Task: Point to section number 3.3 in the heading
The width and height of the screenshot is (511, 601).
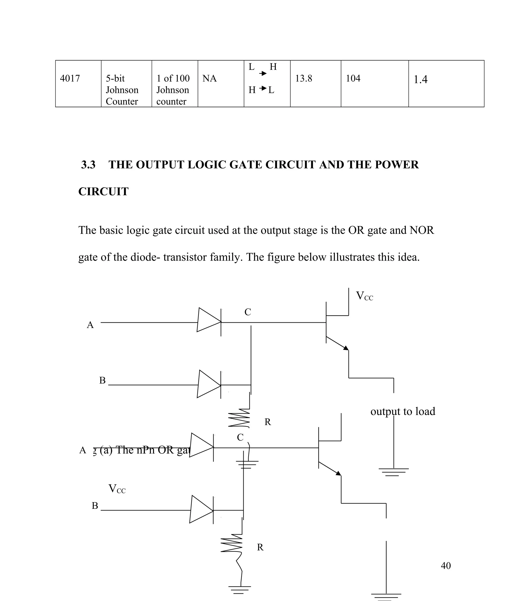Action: (x=88, y=165)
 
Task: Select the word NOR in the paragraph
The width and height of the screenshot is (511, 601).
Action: (x=421, y=230)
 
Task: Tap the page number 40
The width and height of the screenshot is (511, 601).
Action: (x=446, y=566)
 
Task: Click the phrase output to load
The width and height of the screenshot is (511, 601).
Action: (x=403, y=411)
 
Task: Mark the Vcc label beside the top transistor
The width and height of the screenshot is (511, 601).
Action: (x=365, y=296)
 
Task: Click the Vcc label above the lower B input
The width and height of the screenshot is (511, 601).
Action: (x=117, y=489)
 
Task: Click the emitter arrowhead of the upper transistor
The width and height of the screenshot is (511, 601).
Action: (x=346, y=348)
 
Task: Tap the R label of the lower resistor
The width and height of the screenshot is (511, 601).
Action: (x=260, y=547)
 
